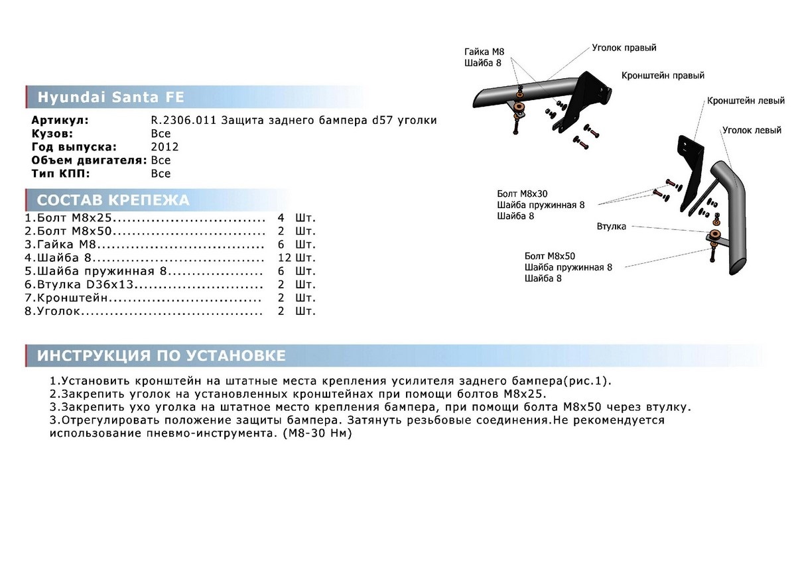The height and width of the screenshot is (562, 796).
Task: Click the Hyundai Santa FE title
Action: (111, 97)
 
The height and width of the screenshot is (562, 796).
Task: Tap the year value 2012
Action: (165, 147)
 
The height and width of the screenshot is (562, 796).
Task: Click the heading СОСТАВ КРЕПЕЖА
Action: (113, 200)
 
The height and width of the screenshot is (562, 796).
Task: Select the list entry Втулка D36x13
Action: (86, 284)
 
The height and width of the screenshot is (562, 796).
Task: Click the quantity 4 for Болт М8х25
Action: (281, 218)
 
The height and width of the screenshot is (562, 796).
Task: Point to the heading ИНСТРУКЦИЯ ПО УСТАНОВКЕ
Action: (161, 356)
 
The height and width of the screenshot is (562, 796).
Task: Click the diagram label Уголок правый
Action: (624, 48)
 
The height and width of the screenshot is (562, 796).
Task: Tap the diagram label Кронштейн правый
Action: (663, 76)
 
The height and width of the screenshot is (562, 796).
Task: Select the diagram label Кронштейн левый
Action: (746, 101)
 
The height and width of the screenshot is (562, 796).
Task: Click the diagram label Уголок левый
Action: (752, 131)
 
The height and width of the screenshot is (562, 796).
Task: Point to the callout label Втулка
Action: (611, 227)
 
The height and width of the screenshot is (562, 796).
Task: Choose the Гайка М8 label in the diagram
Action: (483, 52)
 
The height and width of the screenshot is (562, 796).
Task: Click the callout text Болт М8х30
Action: (522, 194)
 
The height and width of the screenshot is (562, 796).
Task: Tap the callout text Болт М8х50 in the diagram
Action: (550, 256)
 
